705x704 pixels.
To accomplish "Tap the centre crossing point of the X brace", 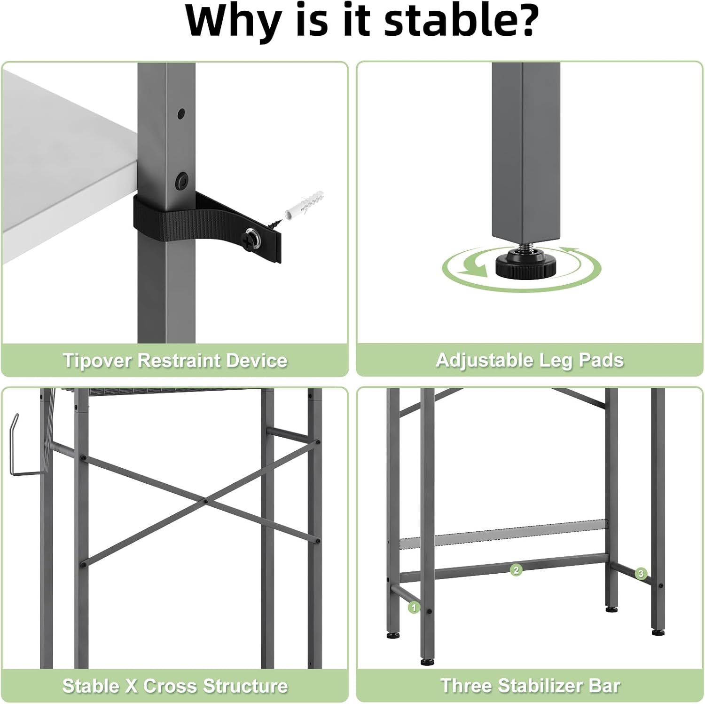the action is click(x=205, y=501).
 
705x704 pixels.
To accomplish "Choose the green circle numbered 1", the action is click(x=414, y=608).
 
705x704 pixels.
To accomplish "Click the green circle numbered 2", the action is click(x=516, y=570).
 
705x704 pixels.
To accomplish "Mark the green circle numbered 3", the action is click(x=641, y=573).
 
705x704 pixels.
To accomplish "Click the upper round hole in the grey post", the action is click(x=181, y=113).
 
